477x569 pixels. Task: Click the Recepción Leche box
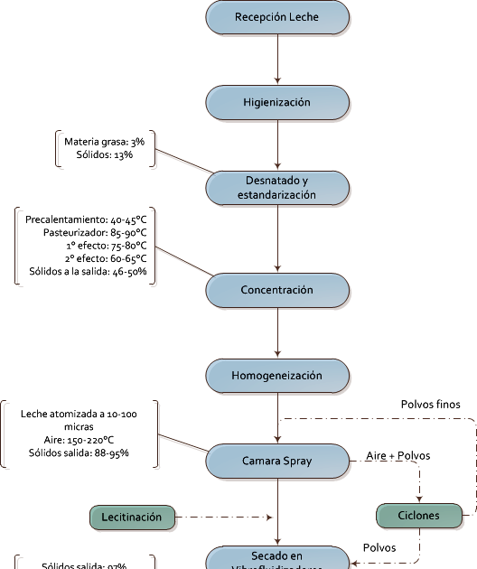[276, 17]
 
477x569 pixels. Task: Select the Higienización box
[276, 103]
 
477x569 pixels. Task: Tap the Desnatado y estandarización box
[276, 188]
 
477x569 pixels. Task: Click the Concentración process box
[276, 290]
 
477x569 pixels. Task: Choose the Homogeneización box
[276, 376]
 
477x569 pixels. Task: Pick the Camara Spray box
[276, 461]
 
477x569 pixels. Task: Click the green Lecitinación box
[131, 518]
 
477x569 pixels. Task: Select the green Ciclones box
[418, 517]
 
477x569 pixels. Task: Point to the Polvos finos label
[430, 405]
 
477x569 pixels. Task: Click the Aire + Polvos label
[397, 455]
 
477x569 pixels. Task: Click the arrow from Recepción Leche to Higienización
[276, 60]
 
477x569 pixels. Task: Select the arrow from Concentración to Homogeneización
[276, 333]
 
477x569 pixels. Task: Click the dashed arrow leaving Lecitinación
[221, 518]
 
